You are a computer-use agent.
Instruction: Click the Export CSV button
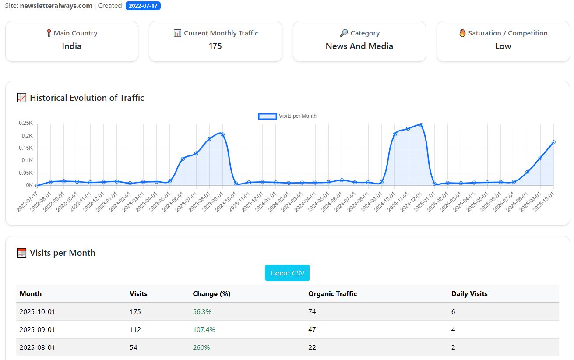[x=287, y=273]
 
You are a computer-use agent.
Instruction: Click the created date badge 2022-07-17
[x=143, y=6]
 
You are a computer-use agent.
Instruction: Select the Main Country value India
[x=71, y=46]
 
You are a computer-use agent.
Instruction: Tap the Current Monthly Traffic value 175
[x=215, y=46]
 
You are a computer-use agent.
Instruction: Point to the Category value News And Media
[x=359, y=46]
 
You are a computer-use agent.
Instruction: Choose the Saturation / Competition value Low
[x=503, y=46]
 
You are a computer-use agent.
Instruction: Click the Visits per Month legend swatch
[x=267, y=116]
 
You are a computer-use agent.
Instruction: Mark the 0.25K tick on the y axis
[x=26, y=124]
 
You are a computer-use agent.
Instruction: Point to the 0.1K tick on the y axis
[x=27, y=161]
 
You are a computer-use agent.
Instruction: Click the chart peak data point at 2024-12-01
[x=421, y=125]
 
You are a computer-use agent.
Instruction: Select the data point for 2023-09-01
[x=222, y=134]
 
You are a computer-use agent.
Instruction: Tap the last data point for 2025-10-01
[x=553, y=142]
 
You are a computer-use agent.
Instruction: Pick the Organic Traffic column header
[x=332, y=294]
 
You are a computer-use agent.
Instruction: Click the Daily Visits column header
[x=469, y=294]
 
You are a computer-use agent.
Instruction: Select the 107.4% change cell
[x=204, y=330]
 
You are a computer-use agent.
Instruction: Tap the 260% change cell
[x=201, y=348]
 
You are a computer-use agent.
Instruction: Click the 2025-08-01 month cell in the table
[x=37, y=348]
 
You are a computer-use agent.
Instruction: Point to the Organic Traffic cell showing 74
[x=312, y=312]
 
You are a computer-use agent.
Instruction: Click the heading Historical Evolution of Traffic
[x=87, y=98]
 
